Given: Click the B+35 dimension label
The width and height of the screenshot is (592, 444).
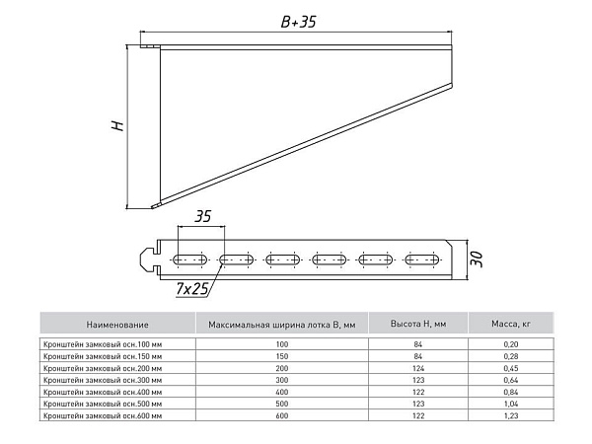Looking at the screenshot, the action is coord(298,22).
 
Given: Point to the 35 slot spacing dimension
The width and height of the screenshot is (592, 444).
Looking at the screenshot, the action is coord(202,216).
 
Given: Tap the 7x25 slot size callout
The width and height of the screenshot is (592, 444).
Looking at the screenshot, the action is coord(191,289).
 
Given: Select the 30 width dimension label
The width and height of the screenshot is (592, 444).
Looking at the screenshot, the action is coord(478,259).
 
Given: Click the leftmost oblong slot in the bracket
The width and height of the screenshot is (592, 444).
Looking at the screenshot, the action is coord(189,259).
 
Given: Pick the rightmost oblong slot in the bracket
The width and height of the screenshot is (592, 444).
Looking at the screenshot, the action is coord(421,259).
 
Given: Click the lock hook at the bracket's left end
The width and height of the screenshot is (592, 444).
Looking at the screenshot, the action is coord(148,259).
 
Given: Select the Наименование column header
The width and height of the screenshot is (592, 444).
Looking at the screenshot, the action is coord(117,325).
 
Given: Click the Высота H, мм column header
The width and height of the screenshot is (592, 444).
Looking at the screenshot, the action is coord(418,324).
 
